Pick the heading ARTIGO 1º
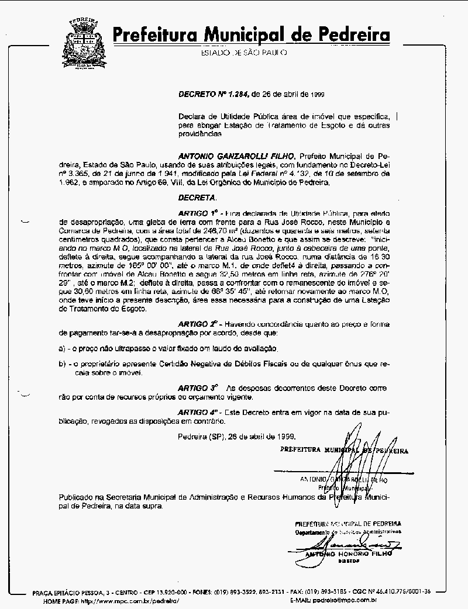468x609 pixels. (198, 213)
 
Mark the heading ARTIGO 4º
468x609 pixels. (198, 412)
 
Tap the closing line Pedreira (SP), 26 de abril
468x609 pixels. (237, 437)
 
